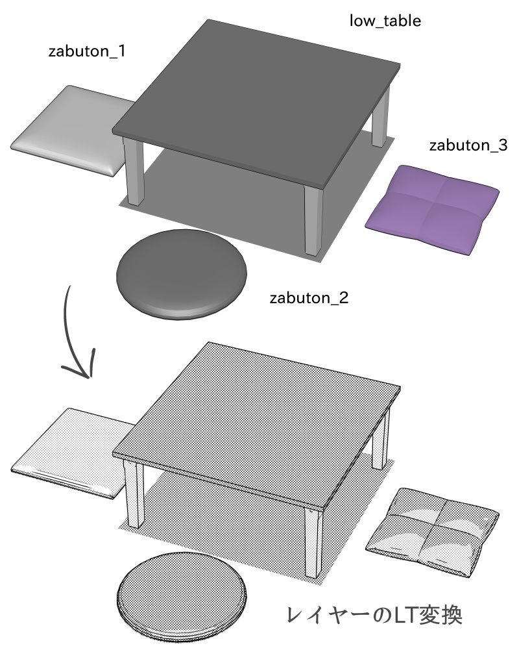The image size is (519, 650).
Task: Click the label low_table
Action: (385, 21)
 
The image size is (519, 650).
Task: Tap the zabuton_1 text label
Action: (87, 51)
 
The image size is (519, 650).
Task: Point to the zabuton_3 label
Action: (468, 145)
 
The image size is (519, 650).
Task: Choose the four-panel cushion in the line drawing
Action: (433, 530)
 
